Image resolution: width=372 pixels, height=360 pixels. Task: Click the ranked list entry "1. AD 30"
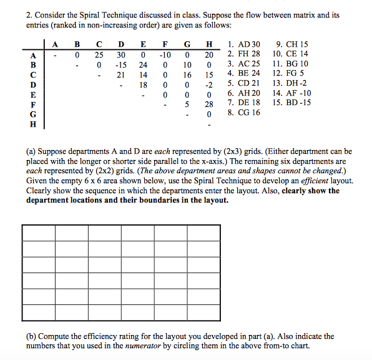[243, 45]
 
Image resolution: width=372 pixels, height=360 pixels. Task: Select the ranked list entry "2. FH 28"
[243, 54]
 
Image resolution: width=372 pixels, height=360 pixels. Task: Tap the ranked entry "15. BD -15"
[291, 102]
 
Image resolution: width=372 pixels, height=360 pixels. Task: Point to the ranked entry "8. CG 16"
[243, 112]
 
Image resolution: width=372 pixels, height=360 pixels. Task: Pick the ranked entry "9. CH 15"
[291, 45]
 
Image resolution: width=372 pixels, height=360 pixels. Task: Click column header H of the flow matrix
[209, 45]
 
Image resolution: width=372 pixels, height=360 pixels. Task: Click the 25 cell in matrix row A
[99, 55]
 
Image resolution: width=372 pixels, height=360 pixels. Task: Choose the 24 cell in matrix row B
[143, 64]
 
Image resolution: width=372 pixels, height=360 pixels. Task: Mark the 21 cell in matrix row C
[121, 74]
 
